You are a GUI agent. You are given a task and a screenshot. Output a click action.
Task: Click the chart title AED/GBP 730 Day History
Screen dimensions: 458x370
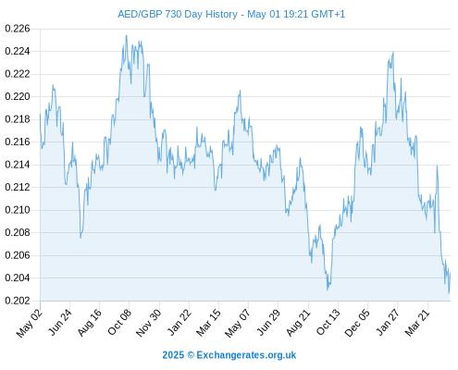coord(178,14)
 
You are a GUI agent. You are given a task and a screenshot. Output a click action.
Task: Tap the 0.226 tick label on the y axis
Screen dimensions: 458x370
coord(18,29)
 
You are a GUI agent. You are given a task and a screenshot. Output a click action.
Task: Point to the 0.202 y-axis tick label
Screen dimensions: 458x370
coord(18,301)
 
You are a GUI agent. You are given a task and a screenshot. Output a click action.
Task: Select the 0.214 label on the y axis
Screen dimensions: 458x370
coord(18,165)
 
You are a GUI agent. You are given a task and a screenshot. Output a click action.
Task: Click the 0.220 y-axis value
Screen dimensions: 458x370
coord(18,97)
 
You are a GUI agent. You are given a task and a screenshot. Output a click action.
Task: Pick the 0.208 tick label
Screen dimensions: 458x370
coord(18,232)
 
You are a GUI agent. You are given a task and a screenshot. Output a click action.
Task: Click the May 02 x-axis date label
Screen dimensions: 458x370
coord(30,323)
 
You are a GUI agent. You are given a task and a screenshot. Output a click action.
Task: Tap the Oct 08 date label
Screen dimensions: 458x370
coord(119,322)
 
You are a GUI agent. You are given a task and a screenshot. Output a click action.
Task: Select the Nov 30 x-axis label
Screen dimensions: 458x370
coord(148,323)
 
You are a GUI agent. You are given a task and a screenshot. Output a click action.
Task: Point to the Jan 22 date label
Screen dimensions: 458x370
coord(179,322)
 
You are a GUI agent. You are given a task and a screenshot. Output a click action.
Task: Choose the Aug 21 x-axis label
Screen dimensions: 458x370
coord(298,322)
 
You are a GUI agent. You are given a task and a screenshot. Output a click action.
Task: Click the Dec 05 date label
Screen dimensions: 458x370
coord(357,323)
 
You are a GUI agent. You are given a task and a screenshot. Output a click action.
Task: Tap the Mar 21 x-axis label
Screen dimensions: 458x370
coord(417,322)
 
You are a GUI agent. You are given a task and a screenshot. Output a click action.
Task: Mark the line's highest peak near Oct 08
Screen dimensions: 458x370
coord(126,36)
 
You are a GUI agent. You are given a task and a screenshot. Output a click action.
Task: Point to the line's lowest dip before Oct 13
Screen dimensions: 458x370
coord(328,290)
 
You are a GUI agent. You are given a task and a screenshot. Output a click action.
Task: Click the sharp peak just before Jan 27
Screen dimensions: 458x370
coord(393,52)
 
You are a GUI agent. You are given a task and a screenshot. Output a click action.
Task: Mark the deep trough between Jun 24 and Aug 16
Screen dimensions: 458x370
coord(80,238)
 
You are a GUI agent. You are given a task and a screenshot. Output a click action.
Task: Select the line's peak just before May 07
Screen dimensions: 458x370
coord(240,91)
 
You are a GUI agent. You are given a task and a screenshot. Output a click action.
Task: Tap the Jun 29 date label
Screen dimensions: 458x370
coord(268,322)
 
